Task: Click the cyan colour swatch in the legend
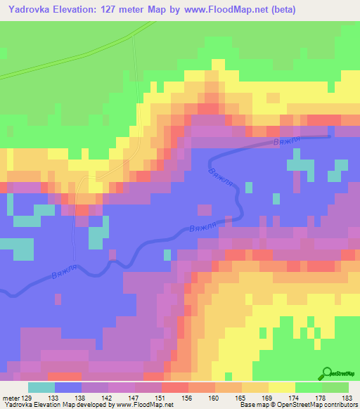[x=41, y=387]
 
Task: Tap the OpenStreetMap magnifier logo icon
[x=328, y=374]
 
